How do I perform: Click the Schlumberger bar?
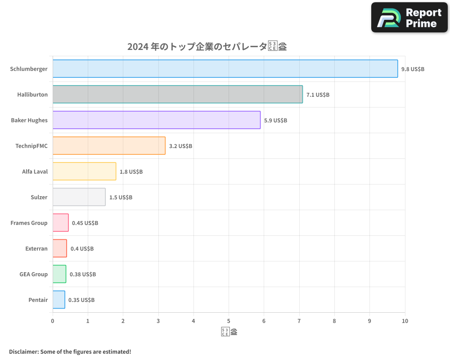pos(225,69)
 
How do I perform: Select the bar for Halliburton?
pos(177,94)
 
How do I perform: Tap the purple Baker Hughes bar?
pos(156,120)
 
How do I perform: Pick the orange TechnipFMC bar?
pos(109,146)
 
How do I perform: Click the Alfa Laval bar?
pos(84,171)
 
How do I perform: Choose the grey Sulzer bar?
pos(79,197)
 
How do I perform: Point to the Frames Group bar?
pos(60,223)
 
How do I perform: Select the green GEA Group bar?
pos(59,274)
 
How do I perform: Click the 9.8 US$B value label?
pos(413,69)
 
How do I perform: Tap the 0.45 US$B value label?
pos(85,223)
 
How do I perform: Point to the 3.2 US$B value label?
pos(180,146)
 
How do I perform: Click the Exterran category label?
pos(36,248)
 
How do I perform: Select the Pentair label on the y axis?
pos(38,300)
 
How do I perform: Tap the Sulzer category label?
pos(39,197)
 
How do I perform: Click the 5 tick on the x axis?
pos(229,321)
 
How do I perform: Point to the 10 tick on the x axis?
pos(405,321)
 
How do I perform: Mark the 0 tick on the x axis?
pos(53,321)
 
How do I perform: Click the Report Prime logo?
pos(409,18)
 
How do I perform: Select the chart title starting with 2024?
pos(207,46)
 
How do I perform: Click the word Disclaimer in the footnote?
pos(23,351)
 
